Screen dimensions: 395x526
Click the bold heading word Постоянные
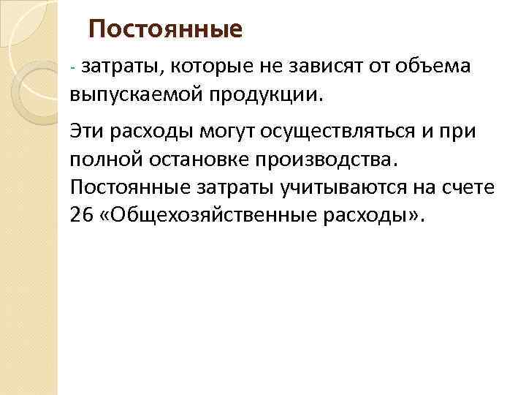pyautogui.click(x=164, y=31)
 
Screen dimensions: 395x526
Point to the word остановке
pyautogui.click(x=210, y=159)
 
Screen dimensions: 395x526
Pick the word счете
pyautogui.click(x=470, y=188)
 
